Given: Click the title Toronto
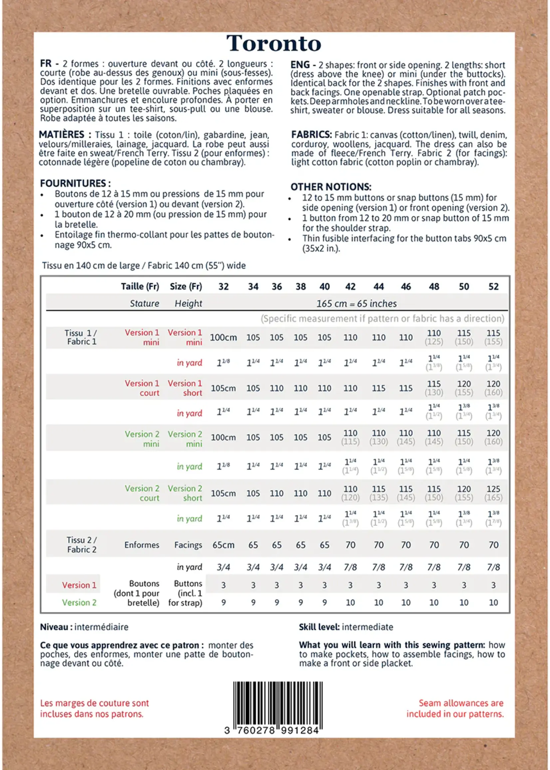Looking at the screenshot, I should coord(274,44).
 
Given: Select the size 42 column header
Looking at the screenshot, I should coord(350,287).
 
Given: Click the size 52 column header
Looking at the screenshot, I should coord(493,287).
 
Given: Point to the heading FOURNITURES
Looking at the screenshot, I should coord(75,183).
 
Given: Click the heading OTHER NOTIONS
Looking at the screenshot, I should coord(331,187).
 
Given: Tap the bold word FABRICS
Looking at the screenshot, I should coord(311,135).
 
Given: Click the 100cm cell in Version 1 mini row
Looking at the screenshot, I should coord(223,338).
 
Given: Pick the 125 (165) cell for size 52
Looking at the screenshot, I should coord(493,493).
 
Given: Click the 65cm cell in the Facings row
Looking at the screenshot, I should coord(223,545).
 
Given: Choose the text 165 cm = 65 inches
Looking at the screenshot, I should coord(356,304).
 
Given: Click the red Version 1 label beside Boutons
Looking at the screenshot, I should coord(79,585).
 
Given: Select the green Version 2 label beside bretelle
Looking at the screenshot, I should coord(79,603).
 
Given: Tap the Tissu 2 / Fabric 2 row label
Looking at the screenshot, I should coord(82,545).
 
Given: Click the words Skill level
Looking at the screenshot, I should coord(319,627).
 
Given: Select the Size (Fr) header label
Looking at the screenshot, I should coord(185,287).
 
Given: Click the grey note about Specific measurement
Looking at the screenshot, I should coord(382,319).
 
